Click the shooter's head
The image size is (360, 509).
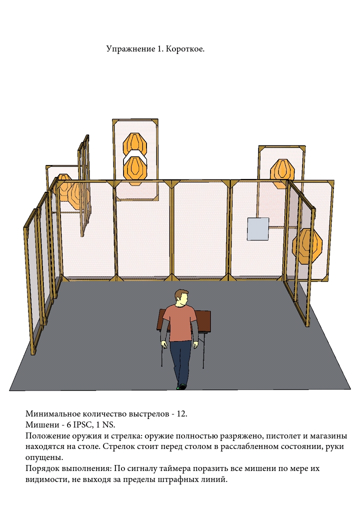[x=181, y=297]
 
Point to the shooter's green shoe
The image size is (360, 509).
[x=182, y=386]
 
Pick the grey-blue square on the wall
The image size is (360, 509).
[x=258, y=229]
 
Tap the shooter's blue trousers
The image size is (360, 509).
[x=181, y=361]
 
